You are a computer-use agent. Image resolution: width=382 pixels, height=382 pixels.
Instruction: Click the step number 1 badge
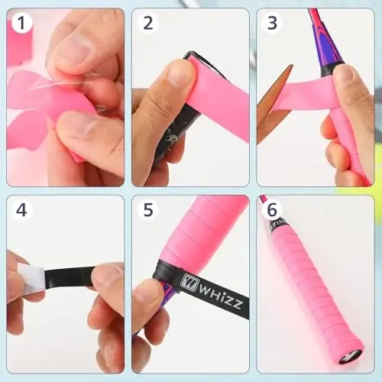click(23, 24)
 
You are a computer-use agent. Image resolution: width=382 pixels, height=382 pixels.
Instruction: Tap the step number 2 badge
click(148, 24)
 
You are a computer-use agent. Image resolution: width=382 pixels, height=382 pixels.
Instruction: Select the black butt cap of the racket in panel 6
click(351, 355)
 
